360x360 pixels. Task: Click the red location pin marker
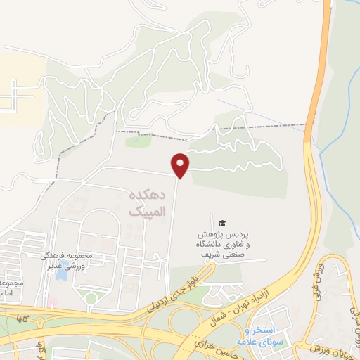coord(181,165)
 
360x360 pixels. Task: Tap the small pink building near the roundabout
coord(53,302)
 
